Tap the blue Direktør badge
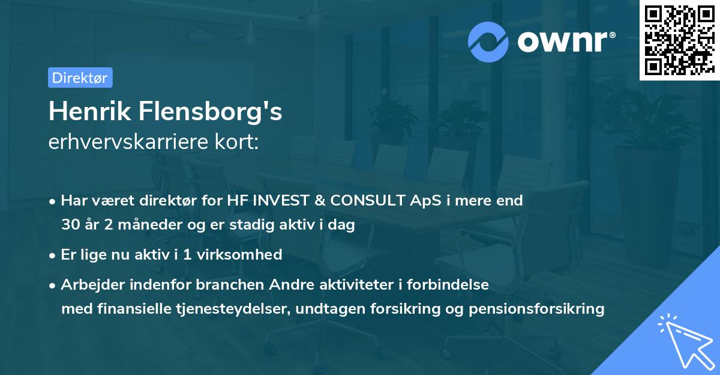[80, 78]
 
